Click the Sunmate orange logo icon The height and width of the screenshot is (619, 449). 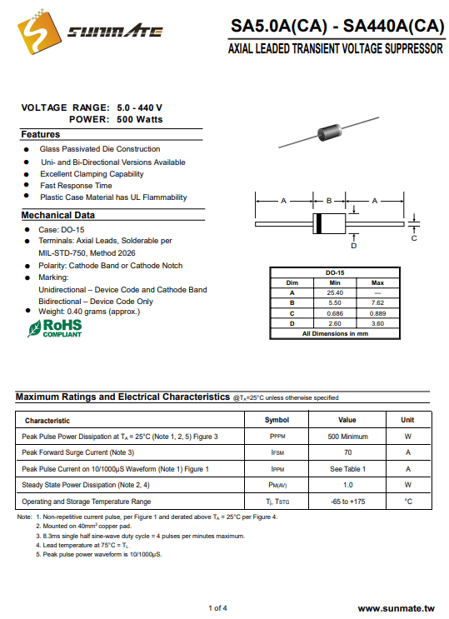(x=39, y=31)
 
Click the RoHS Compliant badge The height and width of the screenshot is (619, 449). (x=54, y=328)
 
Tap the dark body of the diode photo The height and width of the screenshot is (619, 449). (x=329, y=132)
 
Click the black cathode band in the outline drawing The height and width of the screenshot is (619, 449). (x=319, y=223)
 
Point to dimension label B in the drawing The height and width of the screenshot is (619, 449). (x=329, y=201)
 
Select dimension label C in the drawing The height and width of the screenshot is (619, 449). (x=414, y=238)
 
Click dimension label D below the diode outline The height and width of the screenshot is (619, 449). (x=354, y=246)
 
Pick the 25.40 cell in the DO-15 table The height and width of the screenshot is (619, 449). (x=335, y=292)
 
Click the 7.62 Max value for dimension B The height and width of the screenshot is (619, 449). (x=377, y=302)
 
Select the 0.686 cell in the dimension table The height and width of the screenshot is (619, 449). (x=335, y=313)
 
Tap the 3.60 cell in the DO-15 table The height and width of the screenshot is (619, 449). (x=377, y=323)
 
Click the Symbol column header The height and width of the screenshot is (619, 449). (x=277, y=420)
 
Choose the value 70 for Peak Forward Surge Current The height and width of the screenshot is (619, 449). (x=348, y=452)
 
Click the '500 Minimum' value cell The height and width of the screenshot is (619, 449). (x=348, y=437)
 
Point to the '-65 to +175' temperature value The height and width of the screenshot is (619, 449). (x=348, y=502)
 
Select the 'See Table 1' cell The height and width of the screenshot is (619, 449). (x=348, y=469)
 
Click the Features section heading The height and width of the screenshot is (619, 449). (x=41, y=134)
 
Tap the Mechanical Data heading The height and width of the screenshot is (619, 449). (x=58, y=215)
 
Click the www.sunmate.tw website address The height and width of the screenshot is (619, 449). (x=396, y=609)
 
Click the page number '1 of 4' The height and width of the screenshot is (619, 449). (x=217, y=608)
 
